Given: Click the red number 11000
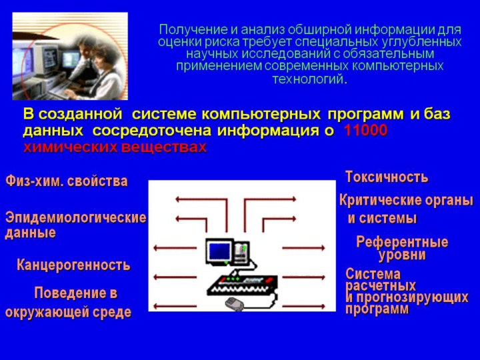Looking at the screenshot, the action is pyautogui.click(x=365, y=131).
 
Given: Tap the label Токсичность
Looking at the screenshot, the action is pyautogui.click(x=387, y=177).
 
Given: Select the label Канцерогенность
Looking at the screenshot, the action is pyautogui.click(x=73, y=265).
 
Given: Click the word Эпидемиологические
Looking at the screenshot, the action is pyautogui.click(x=75, y=217).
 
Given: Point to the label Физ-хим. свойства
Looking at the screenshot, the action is pyautogui.click(x=67, y=181).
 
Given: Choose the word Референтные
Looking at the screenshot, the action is pyautogui.click(x=402, y=242).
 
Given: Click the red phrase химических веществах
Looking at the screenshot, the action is pyautogui.click(x=115, y=147).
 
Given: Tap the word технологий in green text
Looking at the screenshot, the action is pyautogui.click(x=309, y=79).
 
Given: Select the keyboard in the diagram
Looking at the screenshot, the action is pyautogui.click(x=243, y=285).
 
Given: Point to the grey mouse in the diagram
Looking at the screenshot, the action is pyautogui.click(x=235, y=304).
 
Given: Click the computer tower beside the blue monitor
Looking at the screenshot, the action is pyautogui.click(x=242, y=252).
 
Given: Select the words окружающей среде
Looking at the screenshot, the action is pyautogui.click(x=68, y=312).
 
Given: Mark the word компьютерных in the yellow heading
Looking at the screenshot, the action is pyautogui.click(x=261, y=114).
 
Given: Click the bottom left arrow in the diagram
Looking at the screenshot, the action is pyautogui.click(x=175, y=306).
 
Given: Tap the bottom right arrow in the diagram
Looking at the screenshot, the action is pyautogui.click(x=304, y=306).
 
